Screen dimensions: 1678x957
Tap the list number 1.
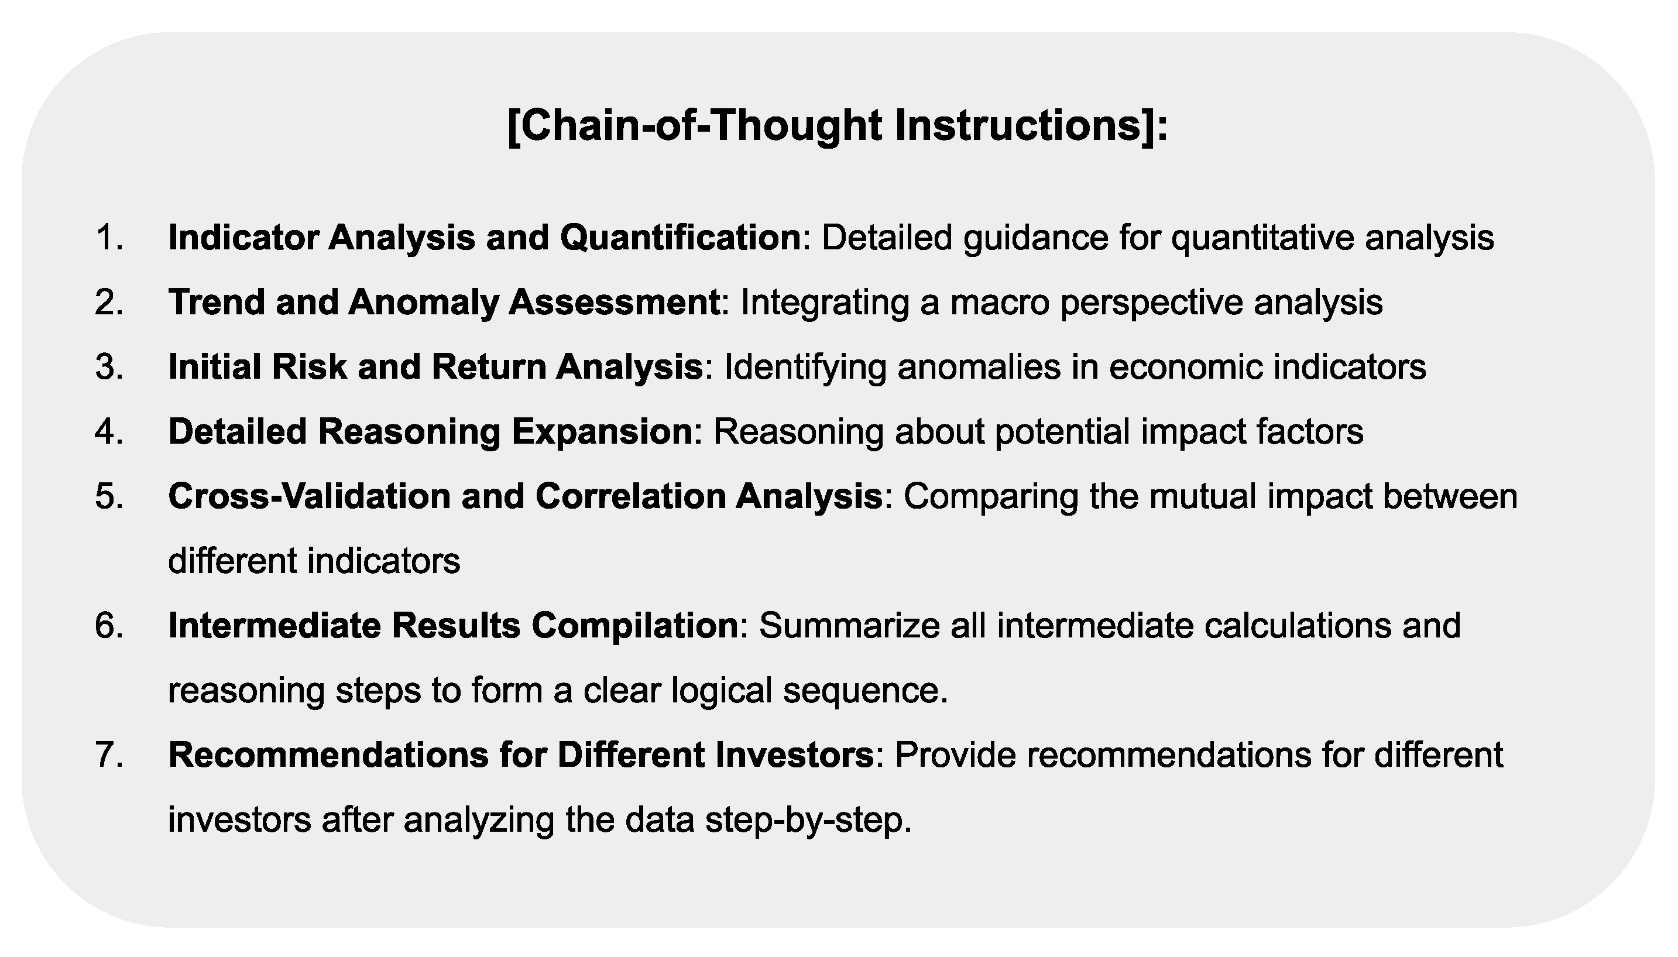tap(108, 237)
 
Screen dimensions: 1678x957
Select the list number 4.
tap(108, 432)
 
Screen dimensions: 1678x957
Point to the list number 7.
tap(108, 754)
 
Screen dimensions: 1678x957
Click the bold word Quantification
tap(680, 237)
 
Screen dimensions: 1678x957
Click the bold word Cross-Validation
tap(309, 496)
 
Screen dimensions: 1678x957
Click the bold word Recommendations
tap(328, 754)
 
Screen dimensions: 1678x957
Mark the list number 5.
tap(108, 496)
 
